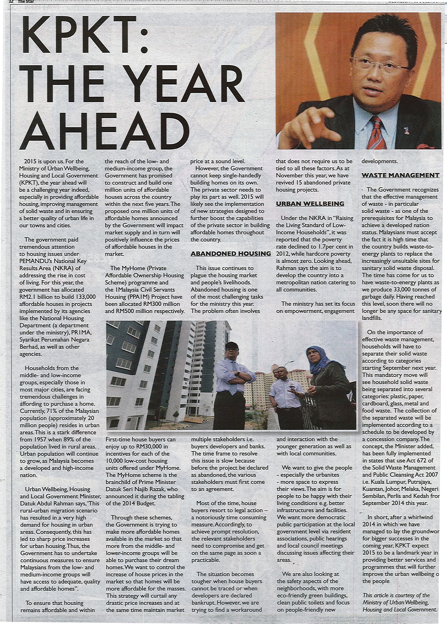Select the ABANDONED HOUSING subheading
pos(231,254)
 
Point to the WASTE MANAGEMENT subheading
pos(400,175)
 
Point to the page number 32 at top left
pos(11,1)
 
